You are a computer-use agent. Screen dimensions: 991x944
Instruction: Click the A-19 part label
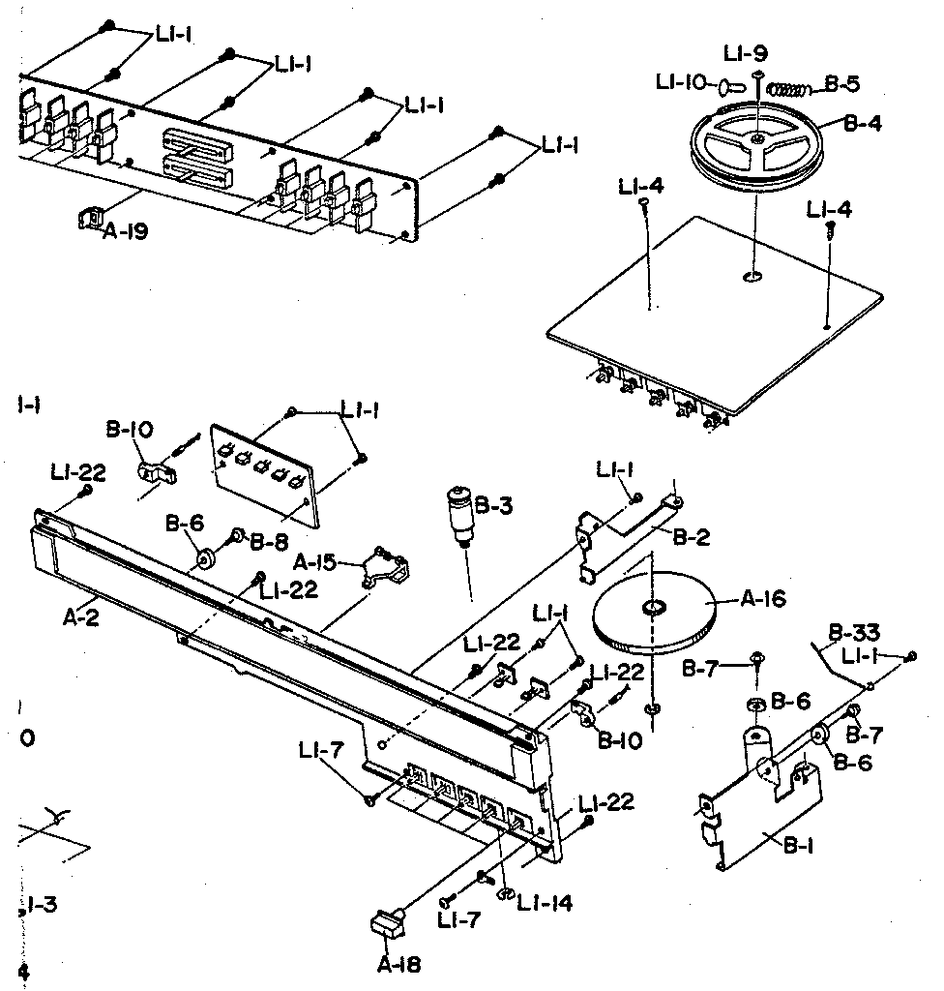tap(126, 232)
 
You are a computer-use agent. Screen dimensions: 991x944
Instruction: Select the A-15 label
tap(317, 563)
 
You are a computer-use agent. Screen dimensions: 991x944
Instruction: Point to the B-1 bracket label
tap(796, 843)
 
